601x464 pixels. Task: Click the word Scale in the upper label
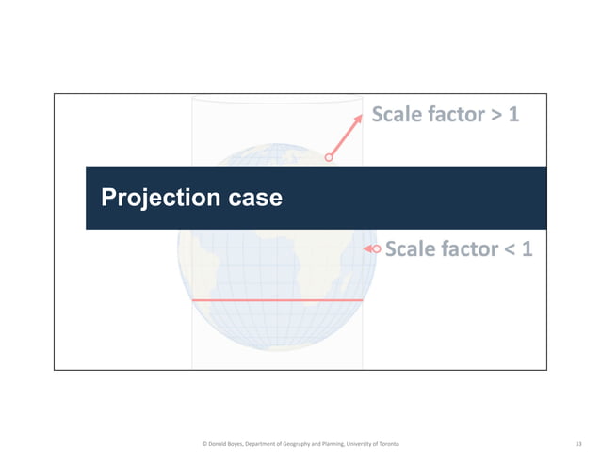pos(399,116)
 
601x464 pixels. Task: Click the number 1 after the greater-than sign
pos(514,116)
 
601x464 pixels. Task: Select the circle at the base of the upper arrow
pos(329,158)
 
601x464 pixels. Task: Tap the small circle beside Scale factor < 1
pos(377,249)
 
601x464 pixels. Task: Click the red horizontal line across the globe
pos(277,300)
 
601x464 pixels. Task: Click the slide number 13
pos(578,443)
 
